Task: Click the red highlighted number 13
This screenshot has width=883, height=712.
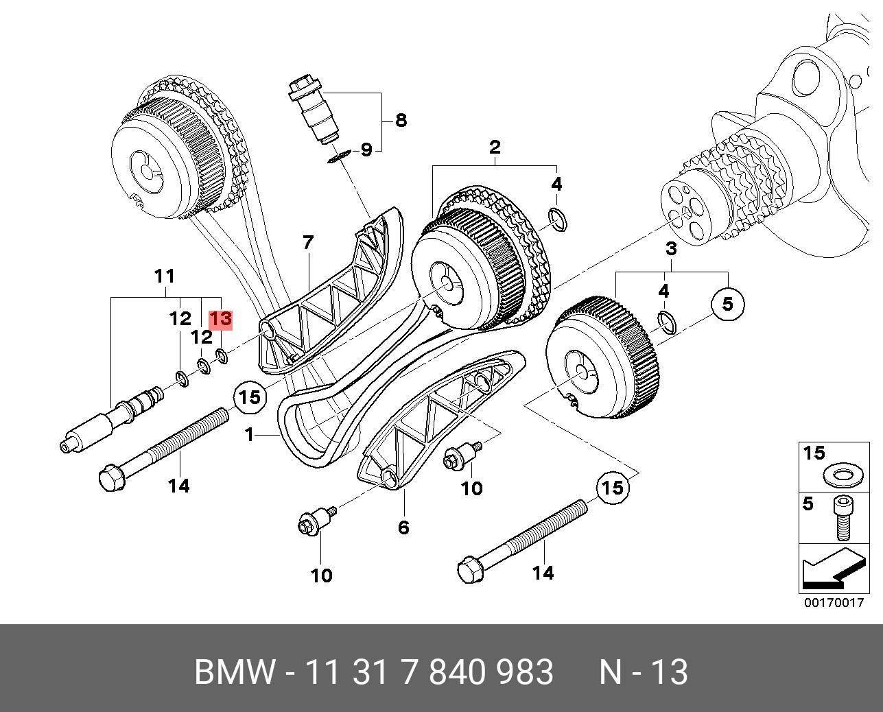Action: [221, 319]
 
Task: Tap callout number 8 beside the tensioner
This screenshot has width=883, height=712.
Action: [401, 120]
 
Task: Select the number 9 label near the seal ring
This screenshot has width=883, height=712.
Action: [366, 150]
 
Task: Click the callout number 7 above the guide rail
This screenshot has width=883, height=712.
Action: [308, 242]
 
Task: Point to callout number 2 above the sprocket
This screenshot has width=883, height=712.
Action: [495, 147]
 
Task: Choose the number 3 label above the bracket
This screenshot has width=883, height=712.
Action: [671, 248]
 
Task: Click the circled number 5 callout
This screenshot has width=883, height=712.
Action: [727, 304]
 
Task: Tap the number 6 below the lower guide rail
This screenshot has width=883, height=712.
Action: [403, 527]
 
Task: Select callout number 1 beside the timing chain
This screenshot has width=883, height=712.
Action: [249, 435]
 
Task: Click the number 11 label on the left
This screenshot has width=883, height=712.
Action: [165, 276]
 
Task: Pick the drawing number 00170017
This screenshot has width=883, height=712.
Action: [834, 603]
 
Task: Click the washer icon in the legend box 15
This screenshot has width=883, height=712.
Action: [844, 475]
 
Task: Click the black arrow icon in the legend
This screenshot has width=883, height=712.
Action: [834, 569]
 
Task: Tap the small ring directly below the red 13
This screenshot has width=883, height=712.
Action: [222, 355]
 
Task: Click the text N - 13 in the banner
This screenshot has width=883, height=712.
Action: [644, 672]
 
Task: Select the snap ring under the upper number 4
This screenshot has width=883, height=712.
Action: [558, 220]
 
